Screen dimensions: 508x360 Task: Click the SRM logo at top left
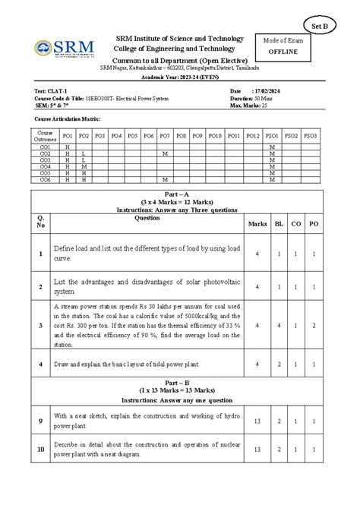click(65, 50)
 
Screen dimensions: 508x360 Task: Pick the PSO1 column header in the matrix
click(271, 135)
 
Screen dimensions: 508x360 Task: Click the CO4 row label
click(45, 166)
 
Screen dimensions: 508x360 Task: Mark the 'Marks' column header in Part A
click(257, 224)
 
